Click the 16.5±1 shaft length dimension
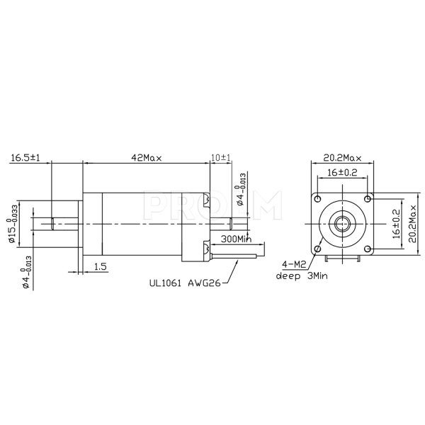click(25, 157)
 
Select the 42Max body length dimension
click(147, 157)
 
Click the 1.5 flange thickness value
click(101, 266)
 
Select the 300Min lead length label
click(235, 239)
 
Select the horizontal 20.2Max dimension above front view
click(343, 157)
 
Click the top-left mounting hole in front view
click(319, 198)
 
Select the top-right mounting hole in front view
click(367, 198)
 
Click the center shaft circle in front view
click(343, 222)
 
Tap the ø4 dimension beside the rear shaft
click(241, 189)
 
